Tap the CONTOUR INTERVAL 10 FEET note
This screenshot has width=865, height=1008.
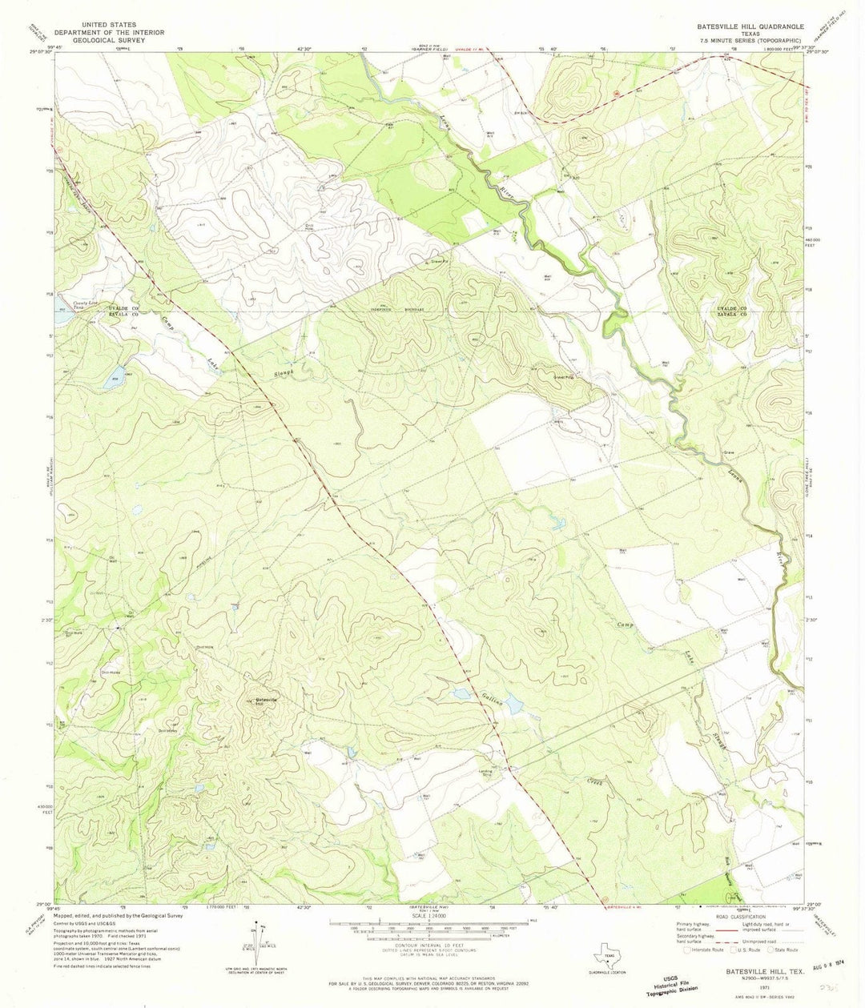432,943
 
